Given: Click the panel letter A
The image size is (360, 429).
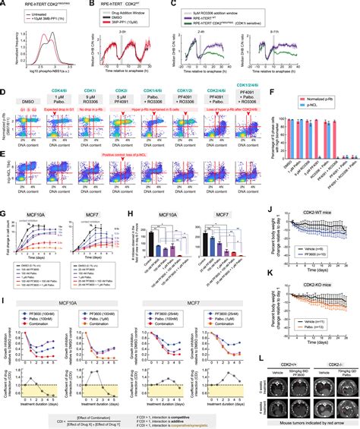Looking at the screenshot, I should [x=4, y=5].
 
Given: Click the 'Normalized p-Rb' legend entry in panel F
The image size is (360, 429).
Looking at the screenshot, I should [x=332, y=98].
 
